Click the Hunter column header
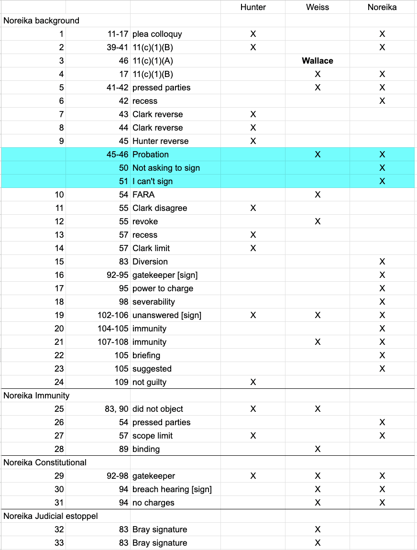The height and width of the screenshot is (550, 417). coord(253,7)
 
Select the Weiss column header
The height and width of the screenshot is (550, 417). coord(318,7)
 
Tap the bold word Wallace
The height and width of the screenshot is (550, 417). coord(318,61)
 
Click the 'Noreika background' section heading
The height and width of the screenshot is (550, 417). coord(42,21)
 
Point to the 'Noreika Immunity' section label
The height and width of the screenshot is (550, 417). coord(37,396)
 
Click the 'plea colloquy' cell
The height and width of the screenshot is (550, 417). coord(157,34)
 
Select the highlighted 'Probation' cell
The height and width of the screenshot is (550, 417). coord(151,154)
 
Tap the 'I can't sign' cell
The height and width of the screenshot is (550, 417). coord(153,181)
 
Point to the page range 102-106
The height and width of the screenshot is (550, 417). coord(112,315)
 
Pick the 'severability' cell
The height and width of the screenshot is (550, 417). coord(154,302)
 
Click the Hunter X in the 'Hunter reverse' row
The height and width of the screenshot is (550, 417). coord(253,141)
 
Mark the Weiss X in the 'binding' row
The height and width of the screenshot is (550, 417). coord(318,449)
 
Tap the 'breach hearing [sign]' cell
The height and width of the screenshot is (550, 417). coord(172,489)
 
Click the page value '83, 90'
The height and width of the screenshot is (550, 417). coord(116,409)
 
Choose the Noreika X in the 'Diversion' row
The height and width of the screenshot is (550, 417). coord(382,262)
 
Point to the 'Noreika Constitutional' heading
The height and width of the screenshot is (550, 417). coord(45,462)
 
